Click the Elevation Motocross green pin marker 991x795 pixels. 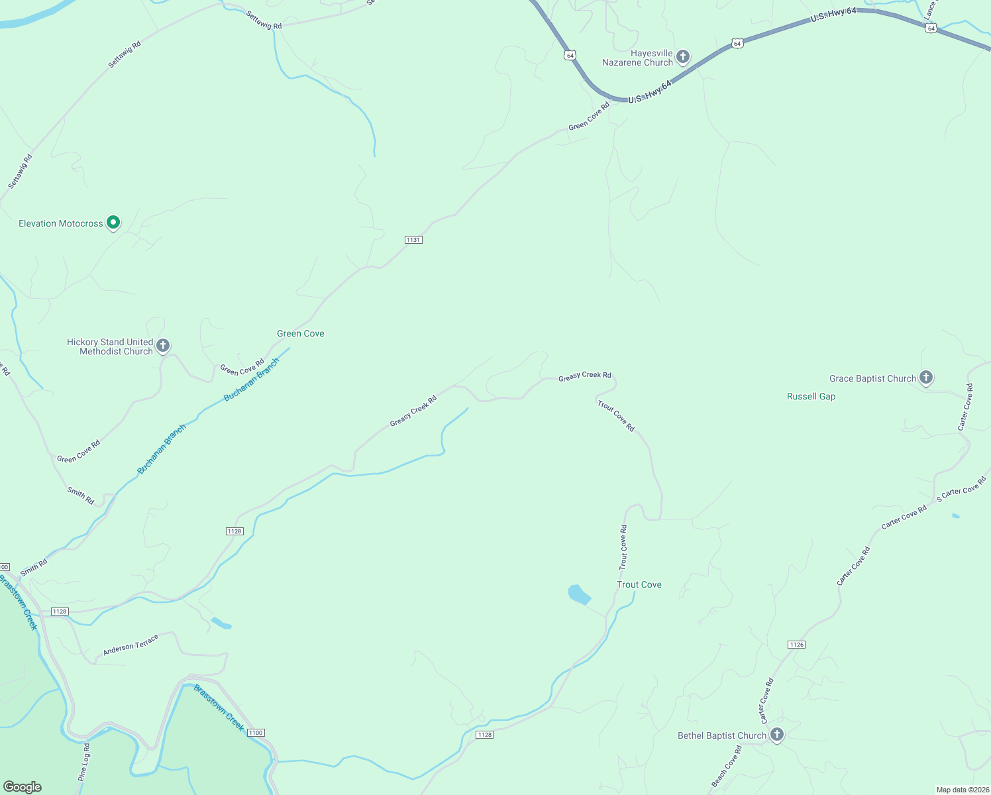(x=113, y=223)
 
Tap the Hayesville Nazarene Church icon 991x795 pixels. (x=683, y=57)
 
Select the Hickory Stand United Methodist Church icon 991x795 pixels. (x=163, y=346)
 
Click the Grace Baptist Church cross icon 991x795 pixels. (x=926, y=378)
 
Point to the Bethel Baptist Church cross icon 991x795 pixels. (x=777, y=735)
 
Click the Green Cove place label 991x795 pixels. (x=301, y=334)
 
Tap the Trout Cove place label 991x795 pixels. (x=639, y=584)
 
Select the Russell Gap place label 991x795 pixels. (x=811, y=397)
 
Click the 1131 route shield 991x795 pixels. (x=413, y=240)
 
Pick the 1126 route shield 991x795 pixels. (x=796, y=645)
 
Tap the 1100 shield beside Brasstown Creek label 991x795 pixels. (x=256, y=733)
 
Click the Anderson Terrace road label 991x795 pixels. (x=130, y=645)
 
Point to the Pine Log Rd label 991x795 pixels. (x=84, y=762)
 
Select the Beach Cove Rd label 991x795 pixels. (x=727, y=767)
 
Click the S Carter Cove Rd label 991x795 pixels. (x=961, y=490)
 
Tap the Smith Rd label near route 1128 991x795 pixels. (x=34, y=568)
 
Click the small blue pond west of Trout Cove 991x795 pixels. (x=579, y=594)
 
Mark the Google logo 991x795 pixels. (x=23, y=787)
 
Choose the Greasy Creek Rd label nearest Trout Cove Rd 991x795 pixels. (x=584, y=376)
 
